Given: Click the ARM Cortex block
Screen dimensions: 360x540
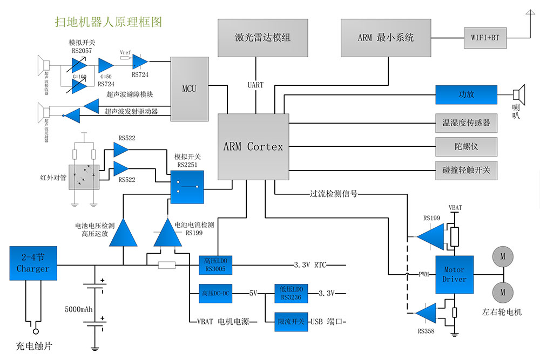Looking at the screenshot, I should coord(253,146).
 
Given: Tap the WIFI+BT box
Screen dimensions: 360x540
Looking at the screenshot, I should coord(485,38).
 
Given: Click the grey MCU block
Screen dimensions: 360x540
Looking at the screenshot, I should coord(189,89).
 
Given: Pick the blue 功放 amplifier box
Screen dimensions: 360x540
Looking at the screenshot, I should coord(466,94).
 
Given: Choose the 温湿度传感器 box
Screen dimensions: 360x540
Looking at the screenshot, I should coord(466,123).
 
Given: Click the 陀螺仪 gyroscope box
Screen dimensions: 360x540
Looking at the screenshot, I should coord(466,146).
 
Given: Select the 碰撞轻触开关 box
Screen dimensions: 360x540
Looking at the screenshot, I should coord(466,170).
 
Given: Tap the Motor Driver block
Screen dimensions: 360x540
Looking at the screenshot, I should coord(454,274).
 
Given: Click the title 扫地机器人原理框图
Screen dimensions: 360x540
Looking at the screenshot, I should coord(109,22).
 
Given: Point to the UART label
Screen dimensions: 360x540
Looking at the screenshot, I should coord(255,85).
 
